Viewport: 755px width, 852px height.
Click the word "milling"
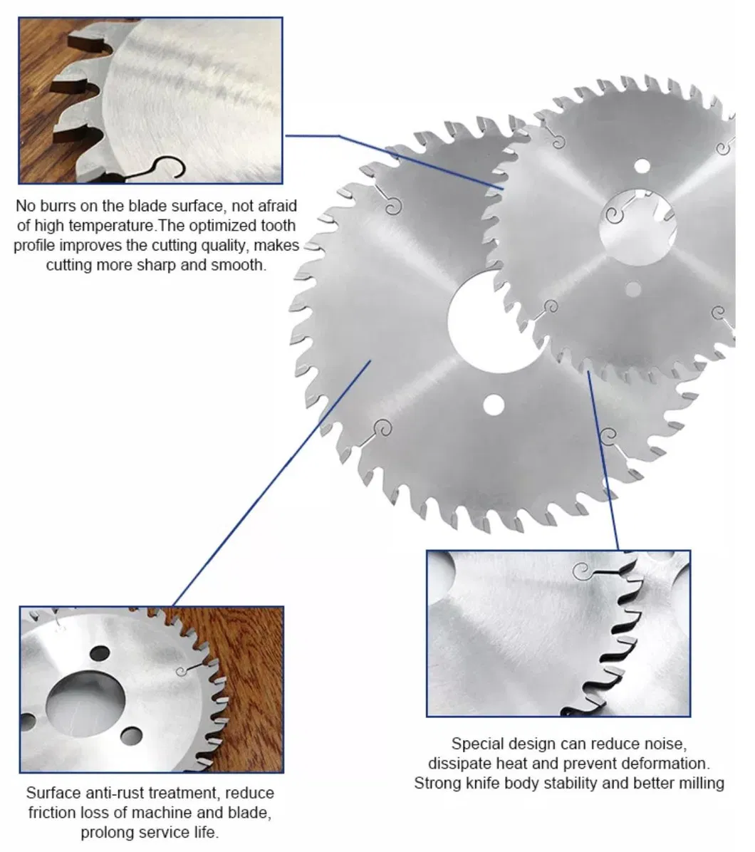702,784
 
